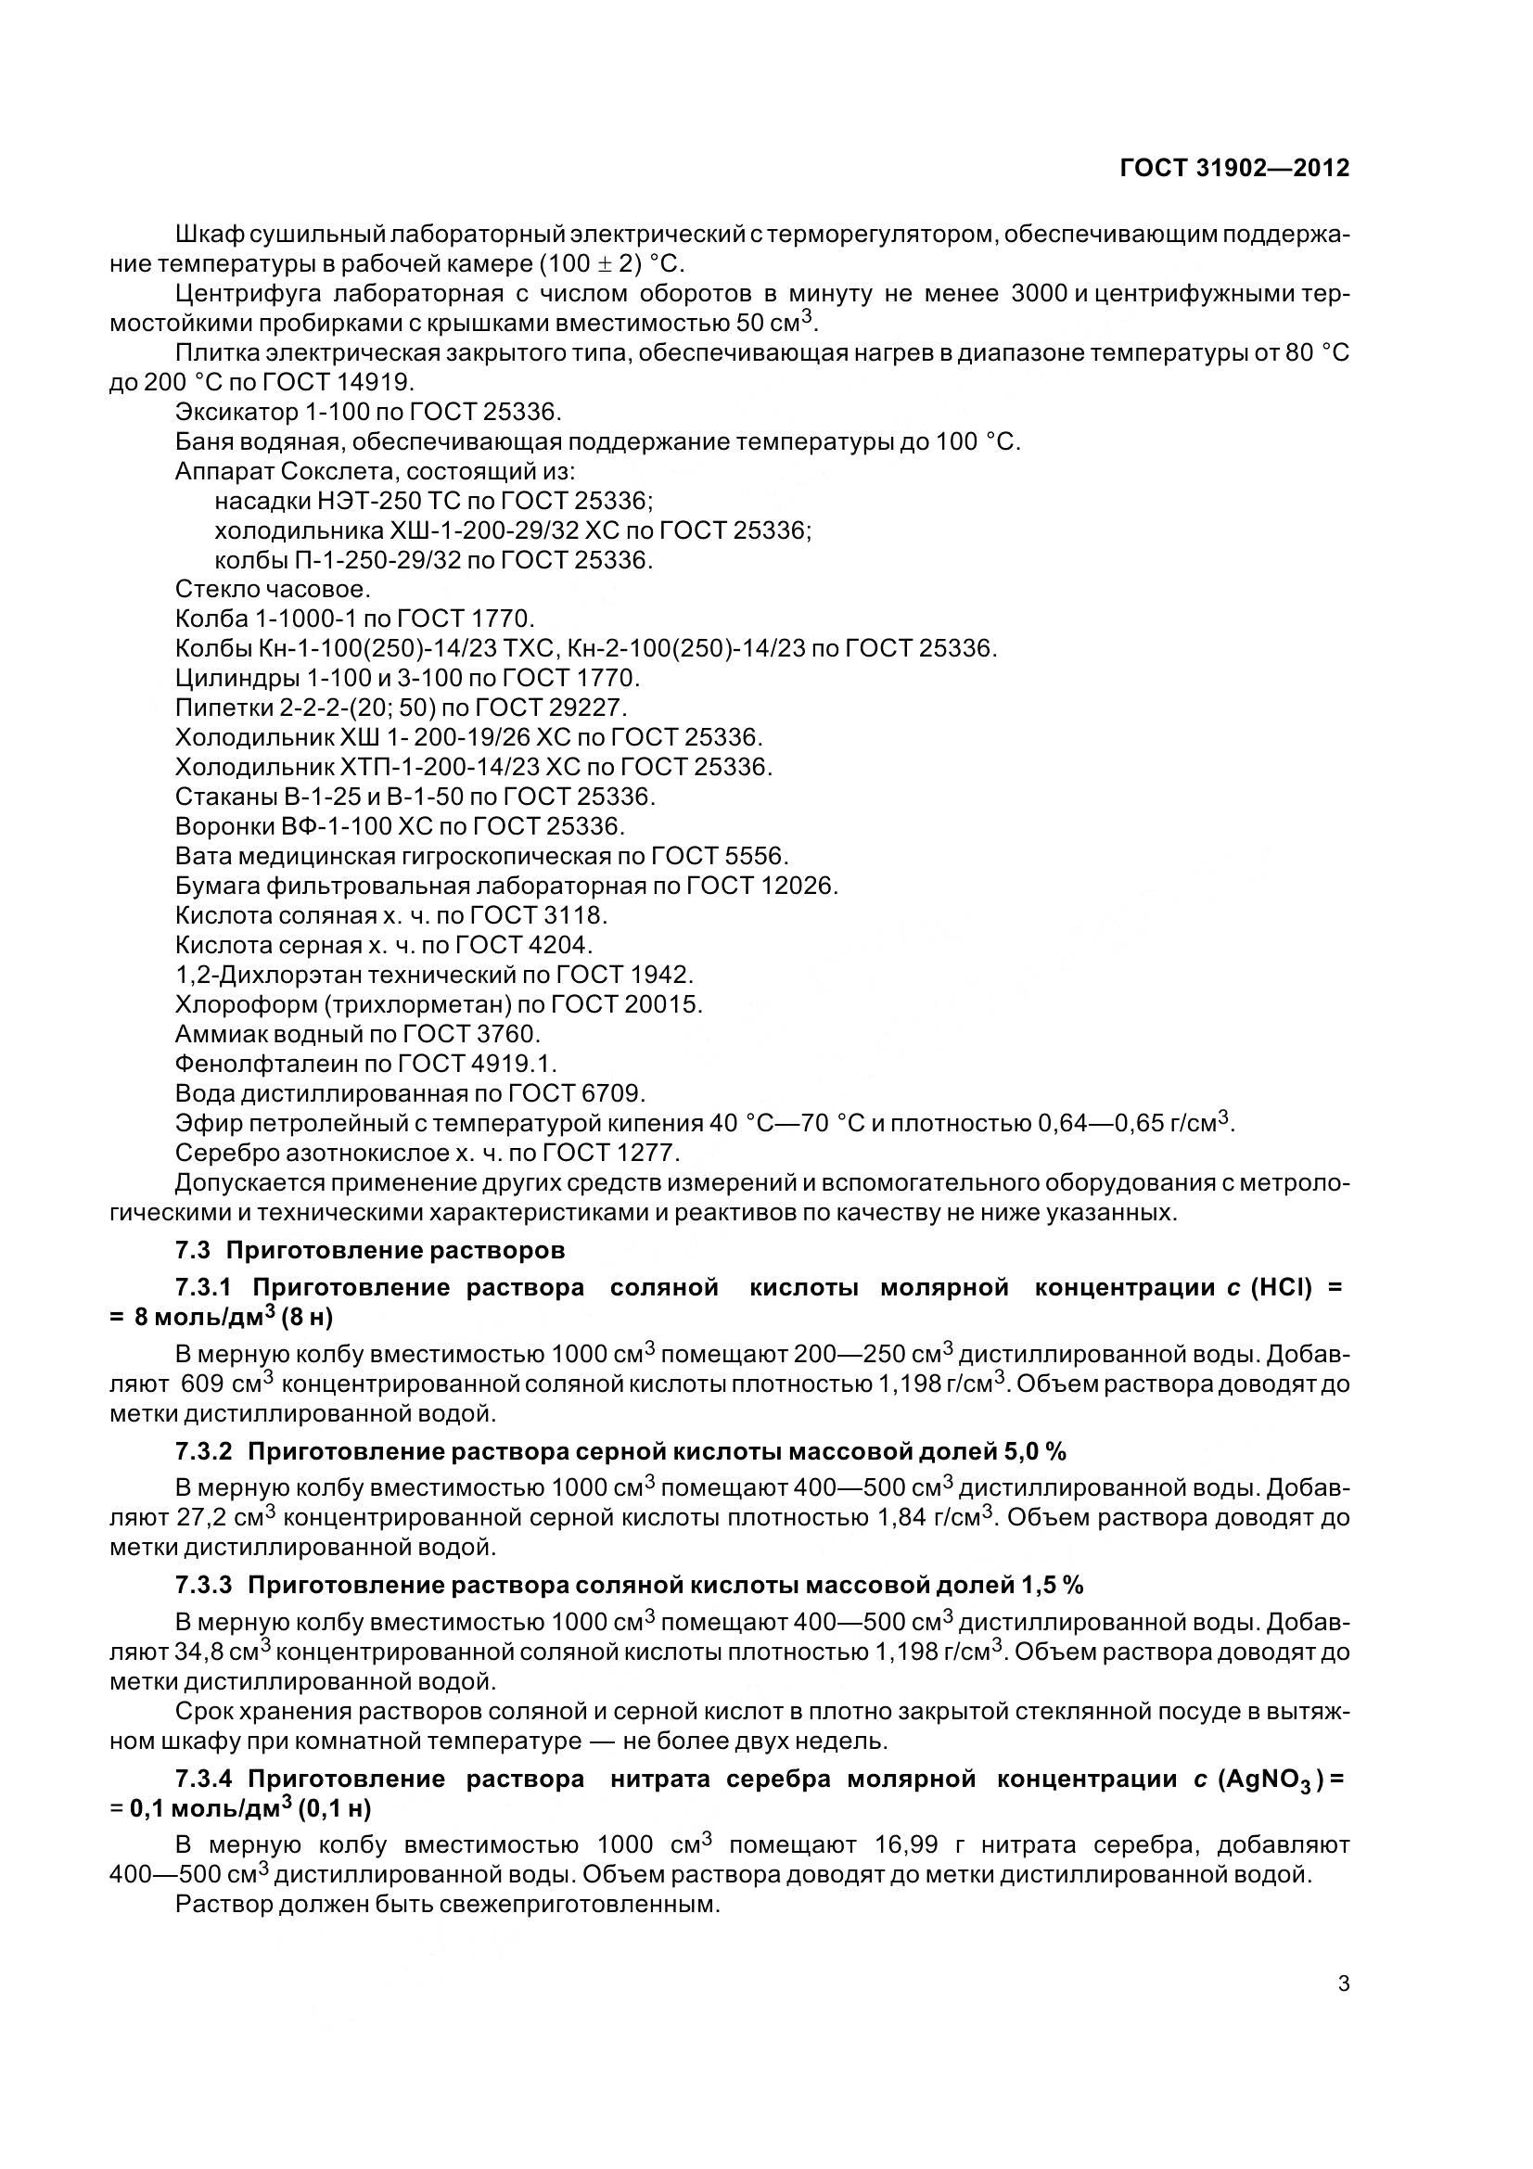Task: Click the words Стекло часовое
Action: pos(273,590)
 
